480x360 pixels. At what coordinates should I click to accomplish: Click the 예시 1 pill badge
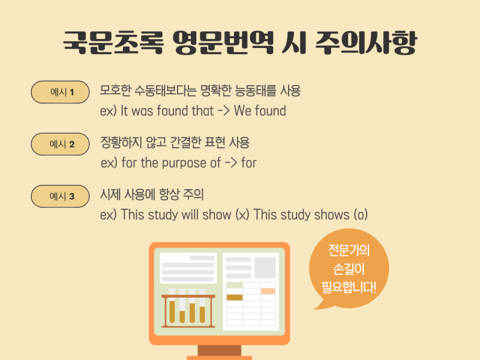click(x=60, y=92)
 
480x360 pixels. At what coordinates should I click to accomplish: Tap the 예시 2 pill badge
click(x=60, y=144)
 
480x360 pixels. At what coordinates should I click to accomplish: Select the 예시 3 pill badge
click(x=60, y=196)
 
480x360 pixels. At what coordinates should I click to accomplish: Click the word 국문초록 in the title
click(x=113, y=43)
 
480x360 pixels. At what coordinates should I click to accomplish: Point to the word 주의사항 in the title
click(x=366, y=43)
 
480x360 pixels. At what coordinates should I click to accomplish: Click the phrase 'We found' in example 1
click(x=260, y=111)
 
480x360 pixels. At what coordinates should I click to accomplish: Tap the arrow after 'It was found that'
click(x=223, y=111)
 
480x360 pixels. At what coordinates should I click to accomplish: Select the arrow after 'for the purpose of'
click(x=231, y=163)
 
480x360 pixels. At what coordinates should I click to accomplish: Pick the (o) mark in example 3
click(x=361, y=215)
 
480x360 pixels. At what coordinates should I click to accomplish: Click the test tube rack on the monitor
click(x=188, y=308)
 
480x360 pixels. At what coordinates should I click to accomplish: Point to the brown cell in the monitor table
click(x=235, y=297)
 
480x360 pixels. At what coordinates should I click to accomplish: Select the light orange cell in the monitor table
click(x=268, y=291)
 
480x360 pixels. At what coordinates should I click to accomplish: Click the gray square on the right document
click(x=265, y=268)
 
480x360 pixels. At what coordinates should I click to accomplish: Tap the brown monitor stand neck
click(x=219, y=350)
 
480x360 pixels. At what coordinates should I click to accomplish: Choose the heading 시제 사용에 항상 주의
click(x=152, y=194)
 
